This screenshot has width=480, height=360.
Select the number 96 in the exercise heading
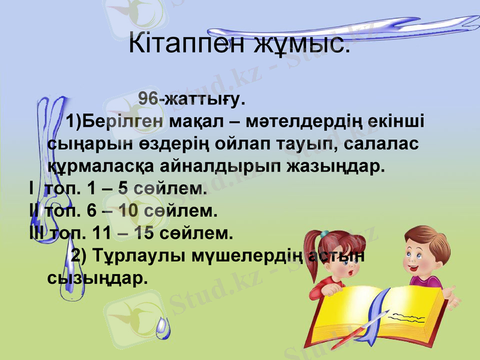pyautogui.click(x=148, y=98)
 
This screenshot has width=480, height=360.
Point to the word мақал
pyautogui.click(x=196, y=122)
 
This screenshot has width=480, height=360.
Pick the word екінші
pyautogui.click(x=397, y=122)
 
